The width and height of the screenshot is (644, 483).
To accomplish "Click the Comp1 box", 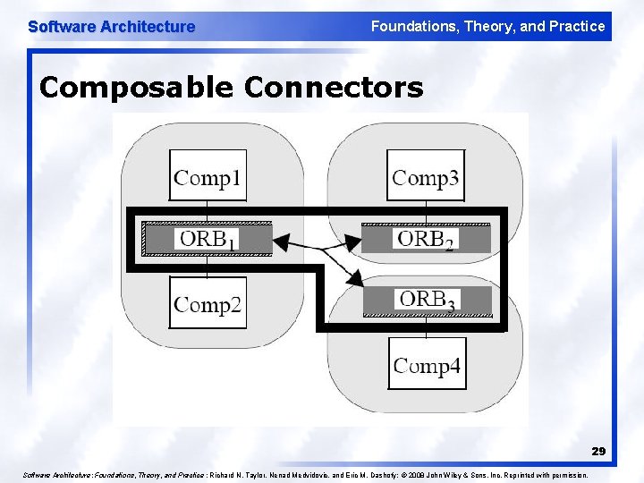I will pos(208,175).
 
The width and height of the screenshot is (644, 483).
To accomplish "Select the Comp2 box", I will pos(208,303).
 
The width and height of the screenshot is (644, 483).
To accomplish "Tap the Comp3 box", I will pos(426,175).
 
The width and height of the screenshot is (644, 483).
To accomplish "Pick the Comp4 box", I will pos(427,364).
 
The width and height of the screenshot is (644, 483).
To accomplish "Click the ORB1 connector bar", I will pos(208,238).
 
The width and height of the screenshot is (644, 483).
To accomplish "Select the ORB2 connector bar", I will pos(426,238).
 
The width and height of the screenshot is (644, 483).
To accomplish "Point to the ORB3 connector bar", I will pos(427,300).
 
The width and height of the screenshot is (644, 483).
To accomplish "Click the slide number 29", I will pos(597,452).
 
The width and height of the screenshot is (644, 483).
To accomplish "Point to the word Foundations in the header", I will pos(411,26).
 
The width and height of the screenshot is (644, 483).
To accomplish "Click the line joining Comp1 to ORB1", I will pos(208,211).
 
